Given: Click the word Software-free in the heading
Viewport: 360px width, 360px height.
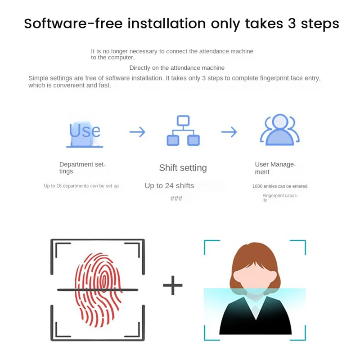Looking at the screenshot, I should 72,23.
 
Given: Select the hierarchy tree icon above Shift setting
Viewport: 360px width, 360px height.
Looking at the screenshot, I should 183,131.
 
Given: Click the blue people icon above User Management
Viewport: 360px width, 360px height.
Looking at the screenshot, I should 279,130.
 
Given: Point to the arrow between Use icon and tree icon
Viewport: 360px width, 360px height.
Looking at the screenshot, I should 137,132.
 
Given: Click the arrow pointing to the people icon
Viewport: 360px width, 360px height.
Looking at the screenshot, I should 229,132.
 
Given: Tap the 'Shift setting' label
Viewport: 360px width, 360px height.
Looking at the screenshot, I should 183,168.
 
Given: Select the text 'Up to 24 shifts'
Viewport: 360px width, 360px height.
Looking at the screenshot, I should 169,185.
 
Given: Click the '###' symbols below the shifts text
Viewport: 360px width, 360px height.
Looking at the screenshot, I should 176,198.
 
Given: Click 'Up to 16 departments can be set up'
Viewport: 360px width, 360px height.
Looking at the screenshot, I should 81,186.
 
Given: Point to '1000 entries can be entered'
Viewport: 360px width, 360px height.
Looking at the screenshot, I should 280,186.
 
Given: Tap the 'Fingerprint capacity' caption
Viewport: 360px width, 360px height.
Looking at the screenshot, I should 280,198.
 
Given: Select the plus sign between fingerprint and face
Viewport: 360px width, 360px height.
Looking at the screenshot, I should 173,286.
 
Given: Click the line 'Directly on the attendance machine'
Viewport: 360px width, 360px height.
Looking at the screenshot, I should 177,68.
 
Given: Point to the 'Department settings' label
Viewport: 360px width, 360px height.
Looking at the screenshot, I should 82,168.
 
